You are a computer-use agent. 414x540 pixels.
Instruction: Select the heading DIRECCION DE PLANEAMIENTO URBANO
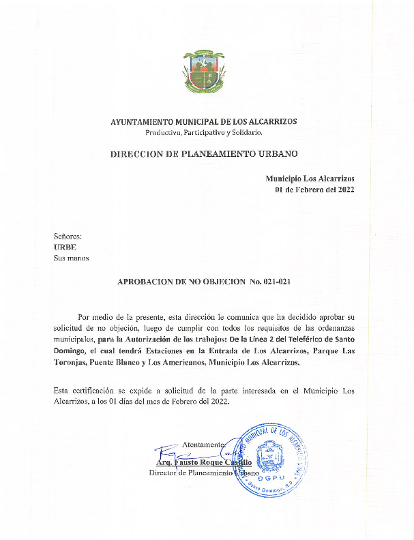click(204, 154)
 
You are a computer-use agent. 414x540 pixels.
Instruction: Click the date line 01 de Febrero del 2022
click(314, 190)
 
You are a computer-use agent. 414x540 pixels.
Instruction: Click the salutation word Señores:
click(68, 235)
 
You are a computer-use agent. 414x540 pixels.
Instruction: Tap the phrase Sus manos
click(71, 258)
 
